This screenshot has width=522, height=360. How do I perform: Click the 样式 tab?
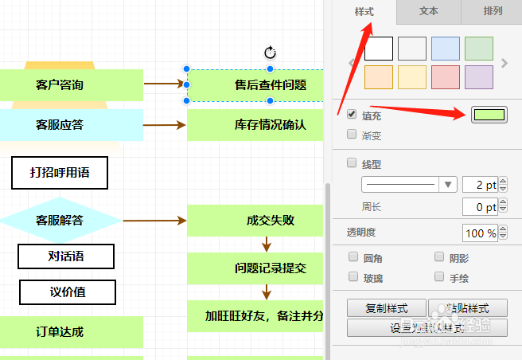pos(364,12)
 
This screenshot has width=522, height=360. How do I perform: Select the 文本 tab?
pos(428,12)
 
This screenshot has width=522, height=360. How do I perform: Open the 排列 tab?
pos(493,12)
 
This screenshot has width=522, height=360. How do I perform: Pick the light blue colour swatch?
pos(446,49)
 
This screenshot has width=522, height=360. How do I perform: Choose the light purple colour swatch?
pos(479,77)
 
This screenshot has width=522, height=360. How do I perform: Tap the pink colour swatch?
pos(446,77)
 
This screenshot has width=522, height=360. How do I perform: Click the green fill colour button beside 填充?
pos(489,115)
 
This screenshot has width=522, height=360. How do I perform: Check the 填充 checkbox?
pos(352,115)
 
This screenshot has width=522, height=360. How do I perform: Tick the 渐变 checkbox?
pos(352,135)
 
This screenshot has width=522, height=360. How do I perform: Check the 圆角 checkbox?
pos(354,258)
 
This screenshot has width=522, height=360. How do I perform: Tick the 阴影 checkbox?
pos(439,258)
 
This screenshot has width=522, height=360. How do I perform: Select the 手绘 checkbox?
pos(439,277)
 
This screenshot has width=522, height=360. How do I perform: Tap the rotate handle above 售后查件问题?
pos(270,53)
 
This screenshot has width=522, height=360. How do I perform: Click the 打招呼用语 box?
pos(59,173)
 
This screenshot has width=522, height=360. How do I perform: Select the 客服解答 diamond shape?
pos(60,220)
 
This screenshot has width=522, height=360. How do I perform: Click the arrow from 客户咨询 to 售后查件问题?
pos(164,83)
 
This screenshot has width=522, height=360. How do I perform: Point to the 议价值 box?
pos(67,292)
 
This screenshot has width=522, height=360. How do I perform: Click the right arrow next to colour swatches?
pos(504,63)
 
